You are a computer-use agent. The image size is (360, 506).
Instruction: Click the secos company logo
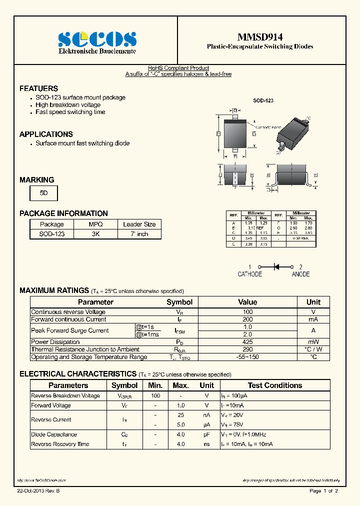[97, 39]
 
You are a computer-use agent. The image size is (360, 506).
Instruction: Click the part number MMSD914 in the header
[259, 36]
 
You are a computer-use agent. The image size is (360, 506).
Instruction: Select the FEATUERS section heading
[38, 88]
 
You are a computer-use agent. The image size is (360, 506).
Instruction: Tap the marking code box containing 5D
[43, 193]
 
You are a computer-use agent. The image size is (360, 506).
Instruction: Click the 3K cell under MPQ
[95, 233]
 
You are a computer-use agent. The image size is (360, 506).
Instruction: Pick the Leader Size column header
[139, 224]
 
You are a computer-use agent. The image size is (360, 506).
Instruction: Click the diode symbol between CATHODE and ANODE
[275, 267]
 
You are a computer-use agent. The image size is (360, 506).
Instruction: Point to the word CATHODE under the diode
[249, 274]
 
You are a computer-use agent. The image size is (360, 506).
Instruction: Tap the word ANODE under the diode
[300, 274]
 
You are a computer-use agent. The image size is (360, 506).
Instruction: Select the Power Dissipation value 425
[247, 342]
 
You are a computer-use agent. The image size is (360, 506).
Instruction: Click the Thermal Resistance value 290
[247, 349]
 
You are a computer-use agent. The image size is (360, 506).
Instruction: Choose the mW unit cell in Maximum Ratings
[313, 342]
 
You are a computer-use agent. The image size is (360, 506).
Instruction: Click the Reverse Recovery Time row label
[60, 444]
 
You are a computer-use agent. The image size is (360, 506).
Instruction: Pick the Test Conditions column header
[274, 385]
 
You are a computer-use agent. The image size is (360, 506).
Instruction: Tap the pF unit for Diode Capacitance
[206, 434]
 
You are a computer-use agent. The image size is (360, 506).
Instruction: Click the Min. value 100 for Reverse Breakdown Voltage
[155, 395]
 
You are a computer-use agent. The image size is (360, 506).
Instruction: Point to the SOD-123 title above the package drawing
[262, 100]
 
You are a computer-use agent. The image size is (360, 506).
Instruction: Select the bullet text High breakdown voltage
[68, 105]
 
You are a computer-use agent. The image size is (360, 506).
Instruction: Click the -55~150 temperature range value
[247, 357]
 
